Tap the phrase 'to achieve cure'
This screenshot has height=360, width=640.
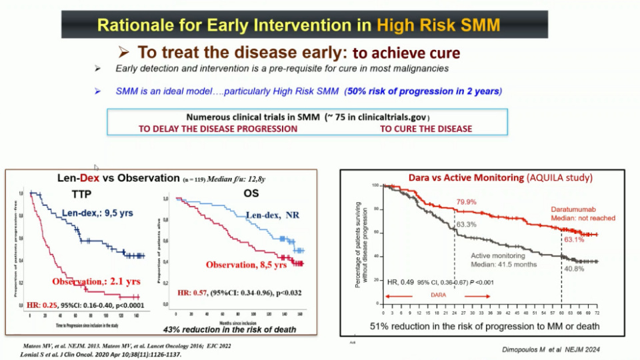(x=405, y=53)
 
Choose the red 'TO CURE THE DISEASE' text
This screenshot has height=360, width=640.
(x=426, y=129)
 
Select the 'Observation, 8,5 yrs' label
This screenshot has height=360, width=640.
(x=245, y=265)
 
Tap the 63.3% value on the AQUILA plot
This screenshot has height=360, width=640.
(x=467, y=224)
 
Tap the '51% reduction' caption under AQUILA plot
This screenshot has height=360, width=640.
(x=484, y=326)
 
